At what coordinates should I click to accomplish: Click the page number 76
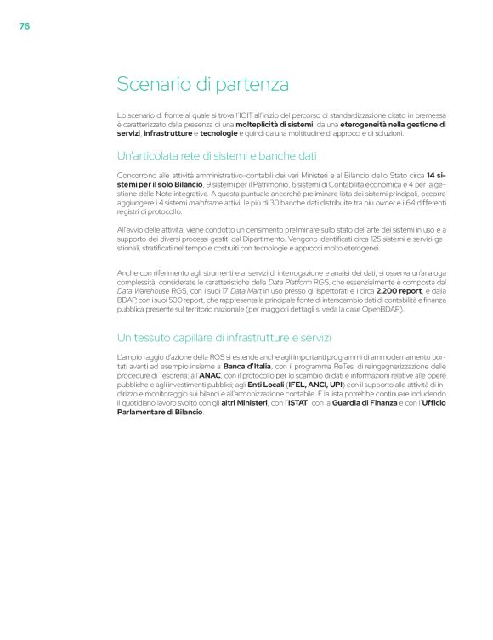coord(24,26)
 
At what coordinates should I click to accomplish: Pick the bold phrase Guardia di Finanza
coord(370,404)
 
